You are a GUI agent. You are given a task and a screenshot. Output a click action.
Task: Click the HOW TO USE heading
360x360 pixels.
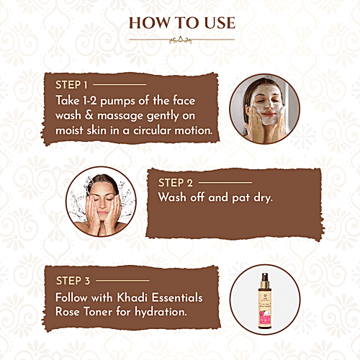tap(180, 22)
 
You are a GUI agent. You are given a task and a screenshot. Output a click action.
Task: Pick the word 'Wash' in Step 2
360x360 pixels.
tap(174, 199)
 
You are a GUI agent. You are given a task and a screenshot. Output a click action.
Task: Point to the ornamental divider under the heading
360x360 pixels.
tap(180, 40)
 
